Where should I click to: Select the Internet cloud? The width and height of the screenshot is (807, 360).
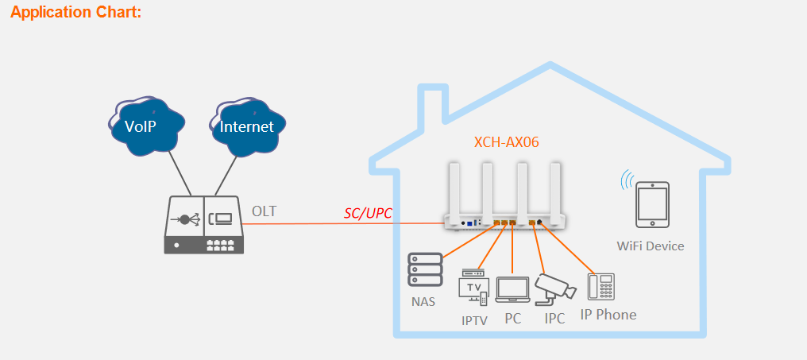pos(246,126)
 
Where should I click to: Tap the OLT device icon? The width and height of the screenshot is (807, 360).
pos(203,225)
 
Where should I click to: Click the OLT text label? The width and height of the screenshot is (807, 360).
pos(264,211)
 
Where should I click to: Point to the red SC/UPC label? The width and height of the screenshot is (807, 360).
pos(368,214)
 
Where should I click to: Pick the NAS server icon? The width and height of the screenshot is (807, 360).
pos(423,270)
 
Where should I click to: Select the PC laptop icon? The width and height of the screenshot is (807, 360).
pos(512,291)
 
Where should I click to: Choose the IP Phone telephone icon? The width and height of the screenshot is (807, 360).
pos(601,286)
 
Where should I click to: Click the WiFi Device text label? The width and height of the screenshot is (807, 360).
pos(651,246)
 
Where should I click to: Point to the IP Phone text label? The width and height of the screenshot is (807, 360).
pos(608,315)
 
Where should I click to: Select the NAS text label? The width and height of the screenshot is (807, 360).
pos(423,302)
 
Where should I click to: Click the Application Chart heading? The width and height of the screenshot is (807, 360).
pos(75,13)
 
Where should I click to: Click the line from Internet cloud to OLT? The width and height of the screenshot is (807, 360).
pos(226,175)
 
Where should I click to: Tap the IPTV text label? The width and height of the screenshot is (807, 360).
pos(474,321)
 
